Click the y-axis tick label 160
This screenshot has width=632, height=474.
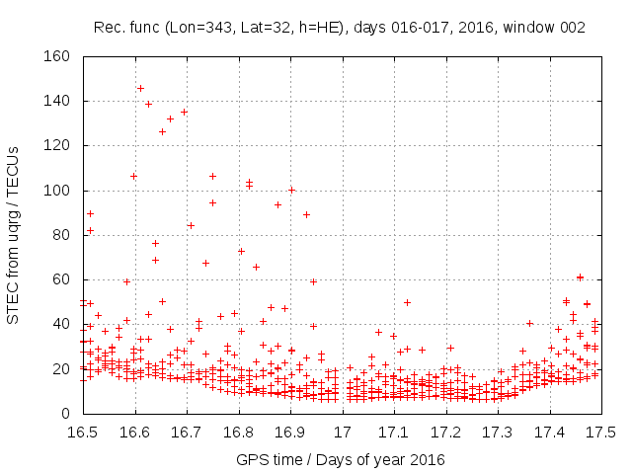57,56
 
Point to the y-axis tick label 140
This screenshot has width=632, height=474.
57,101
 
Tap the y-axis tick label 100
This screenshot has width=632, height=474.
57,191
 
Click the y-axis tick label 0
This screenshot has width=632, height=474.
65,414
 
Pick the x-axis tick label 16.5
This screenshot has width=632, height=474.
82,433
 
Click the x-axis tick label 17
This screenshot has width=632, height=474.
343,433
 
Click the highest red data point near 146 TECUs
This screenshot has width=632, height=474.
140,88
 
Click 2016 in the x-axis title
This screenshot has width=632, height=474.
428,460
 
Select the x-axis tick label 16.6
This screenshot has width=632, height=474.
134,433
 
